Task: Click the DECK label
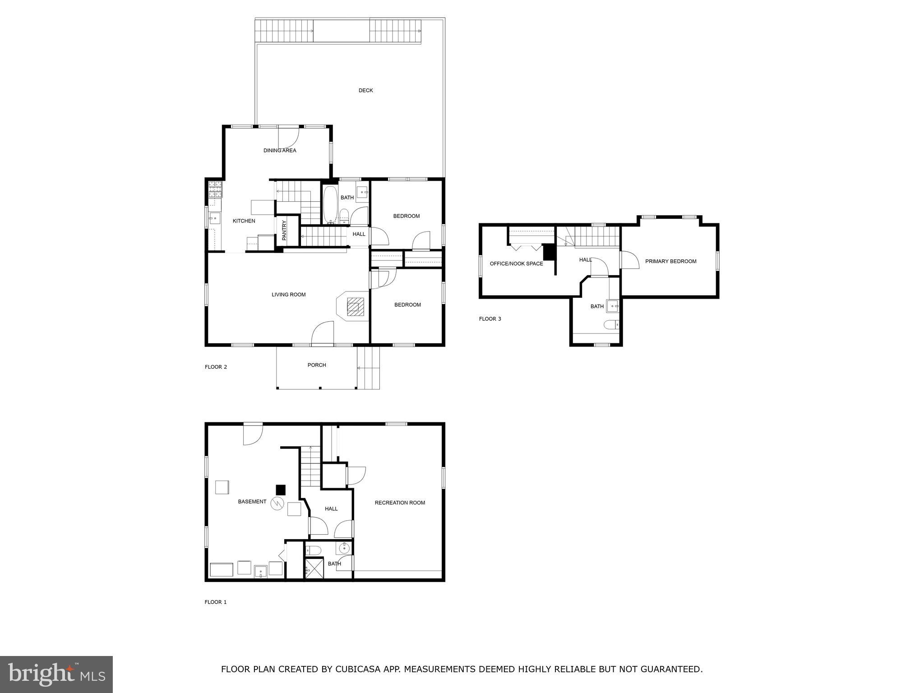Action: (x=365, y=91)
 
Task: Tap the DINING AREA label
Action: (x=280, y=151)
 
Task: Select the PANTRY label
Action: (x=284, y=230)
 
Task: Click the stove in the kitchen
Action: (x=215, y=189)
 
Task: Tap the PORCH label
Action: (x=317, y=365)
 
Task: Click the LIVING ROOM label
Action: (x=288, y=295)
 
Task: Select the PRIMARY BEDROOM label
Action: (x=670, y=261)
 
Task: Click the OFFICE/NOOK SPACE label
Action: (x=516, y=263)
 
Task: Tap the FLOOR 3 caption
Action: (x=490, y=319)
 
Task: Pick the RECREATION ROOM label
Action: (x=400, y=503)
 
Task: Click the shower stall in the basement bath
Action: (x=315, y=568)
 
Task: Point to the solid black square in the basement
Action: (x=281, y=490)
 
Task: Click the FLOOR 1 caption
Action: (x=216, y=602)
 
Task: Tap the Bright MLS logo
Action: (x=56, y=674)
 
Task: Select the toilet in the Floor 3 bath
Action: (x=612, y=324)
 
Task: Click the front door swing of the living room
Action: (x=322, y=333)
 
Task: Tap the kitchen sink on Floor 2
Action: (x=214, y=219)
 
